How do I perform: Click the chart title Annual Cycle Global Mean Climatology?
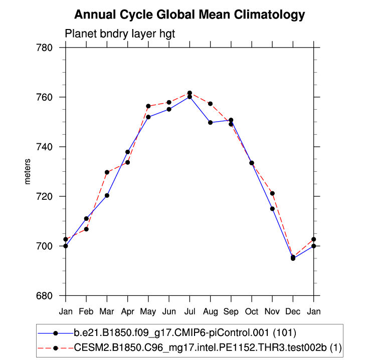190,15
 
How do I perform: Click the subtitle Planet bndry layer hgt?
120,34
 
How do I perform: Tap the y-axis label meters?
28,172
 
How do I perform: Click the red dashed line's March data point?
107,172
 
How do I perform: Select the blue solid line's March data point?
107,195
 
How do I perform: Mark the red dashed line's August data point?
210,104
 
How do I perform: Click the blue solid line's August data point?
210,122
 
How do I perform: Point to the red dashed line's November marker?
272,193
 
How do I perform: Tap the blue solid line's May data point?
148,117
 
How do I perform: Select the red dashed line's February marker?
86,229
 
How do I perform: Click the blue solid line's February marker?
86,218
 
